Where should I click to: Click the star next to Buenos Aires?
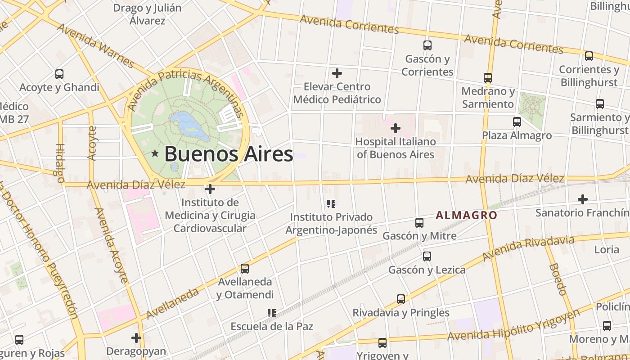(x=155, y=154)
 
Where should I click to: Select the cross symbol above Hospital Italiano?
(x=395, y=129)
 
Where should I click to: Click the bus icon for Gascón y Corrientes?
(x=427, y=45)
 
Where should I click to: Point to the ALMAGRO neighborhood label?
(x=466, y=215)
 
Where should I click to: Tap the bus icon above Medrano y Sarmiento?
(x=488, y=77)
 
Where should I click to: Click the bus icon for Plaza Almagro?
(x=517, y=121)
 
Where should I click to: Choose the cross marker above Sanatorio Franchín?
(x=583, y=199)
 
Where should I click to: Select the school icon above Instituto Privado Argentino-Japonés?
(x=332, y=204)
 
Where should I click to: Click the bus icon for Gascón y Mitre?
(x=419, y=222)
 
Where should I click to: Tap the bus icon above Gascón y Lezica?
(x=427, y=256)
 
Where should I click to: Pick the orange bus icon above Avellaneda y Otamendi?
(x=244, y=269)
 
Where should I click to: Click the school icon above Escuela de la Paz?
(x=271, y=313)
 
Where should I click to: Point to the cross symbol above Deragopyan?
(x=136, y=337)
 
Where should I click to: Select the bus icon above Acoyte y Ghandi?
(x=59, y=74)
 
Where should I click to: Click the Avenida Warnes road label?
(x=95, y=45)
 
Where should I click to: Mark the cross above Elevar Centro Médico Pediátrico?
(x=337, y=73)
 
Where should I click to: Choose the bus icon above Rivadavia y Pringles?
(x=400, y=299)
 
